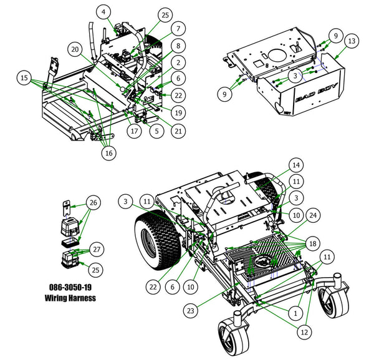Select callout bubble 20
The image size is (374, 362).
pyautogui.click(x=75, y=49)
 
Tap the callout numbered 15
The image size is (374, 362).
pyautogui.click(x=24, y=78)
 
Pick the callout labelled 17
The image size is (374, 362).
pyautogui.click(x=134, y=131)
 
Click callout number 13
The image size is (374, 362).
pyautogui.click(x=352, y=41)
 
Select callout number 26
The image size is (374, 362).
pyautogui.click(x=93, y=202)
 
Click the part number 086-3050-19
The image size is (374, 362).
pyautogui.click(x=72, y=287)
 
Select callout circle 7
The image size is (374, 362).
pyautogui.click(x=178, y=28)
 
